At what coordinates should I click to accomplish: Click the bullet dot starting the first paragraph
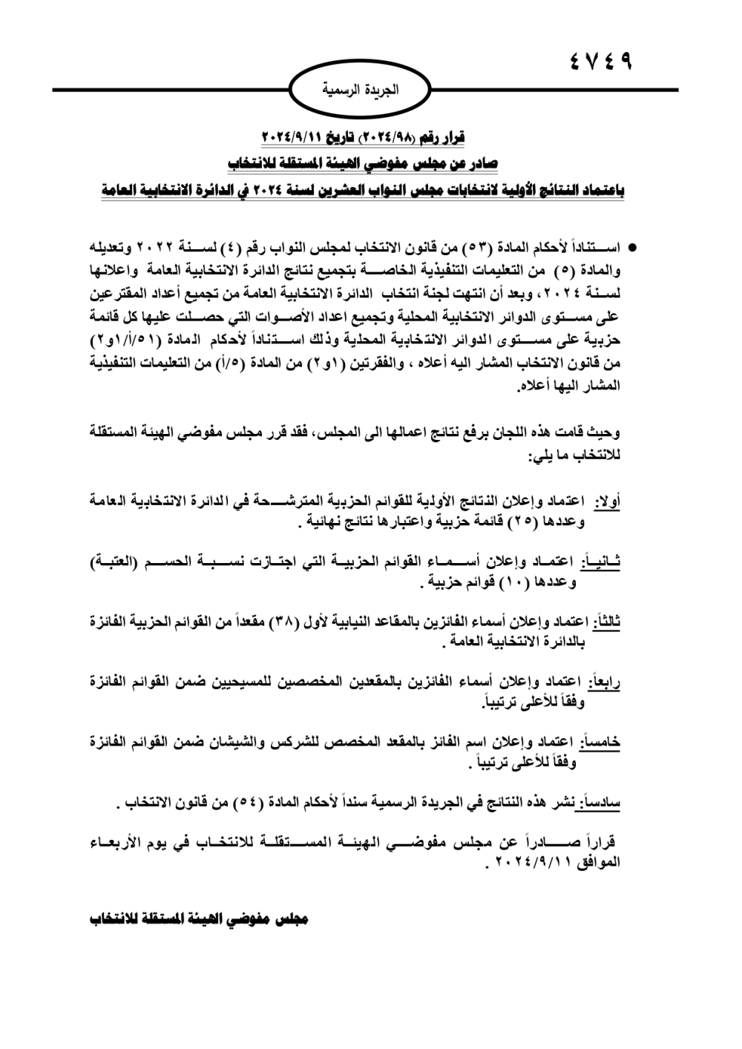tap(633, 245)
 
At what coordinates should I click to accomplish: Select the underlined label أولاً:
tap(608, 502)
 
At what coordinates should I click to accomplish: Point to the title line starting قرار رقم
tap(364, 139)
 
